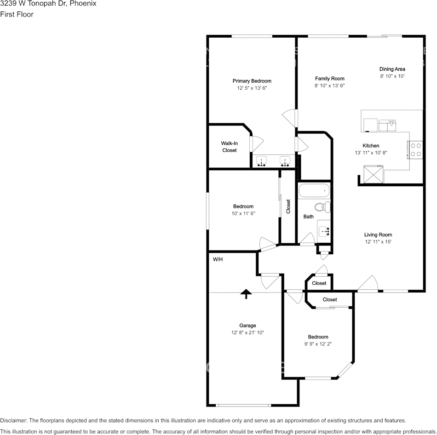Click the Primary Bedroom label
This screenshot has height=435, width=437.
tap(252, 81)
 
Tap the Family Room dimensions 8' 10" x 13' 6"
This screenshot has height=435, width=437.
tap(329, 86)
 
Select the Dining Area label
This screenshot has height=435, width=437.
tap(392, 69)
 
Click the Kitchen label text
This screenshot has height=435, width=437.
tap(371, 146)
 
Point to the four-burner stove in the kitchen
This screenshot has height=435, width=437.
tap(415, 149)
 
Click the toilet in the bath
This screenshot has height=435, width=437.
tap(323, 207)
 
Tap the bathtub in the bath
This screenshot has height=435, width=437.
tap(314, 190)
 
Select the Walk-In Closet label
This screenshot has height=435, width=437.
tap(229, 147)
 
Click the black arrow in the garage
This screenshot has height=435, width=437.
tap(246, 293)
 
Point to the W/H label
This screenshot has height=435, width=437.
tap(218, 259)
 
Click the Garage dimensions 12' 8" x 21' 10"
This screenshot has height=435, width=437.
tap(247, 332)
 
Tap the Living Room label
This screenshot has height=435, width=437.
tap(378, 235)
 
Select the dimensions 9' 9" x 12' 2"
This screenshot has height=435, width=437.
tap(318, 343)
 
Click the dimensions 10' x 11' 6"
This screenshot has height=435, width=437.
tap(243, 213)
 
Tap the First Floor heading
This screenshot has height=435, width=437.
tap(17, 14)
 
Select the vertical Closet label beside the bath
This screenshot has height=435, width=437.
tap(288, 206)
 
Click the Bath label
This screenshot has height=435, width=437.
tap(308, 216)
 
